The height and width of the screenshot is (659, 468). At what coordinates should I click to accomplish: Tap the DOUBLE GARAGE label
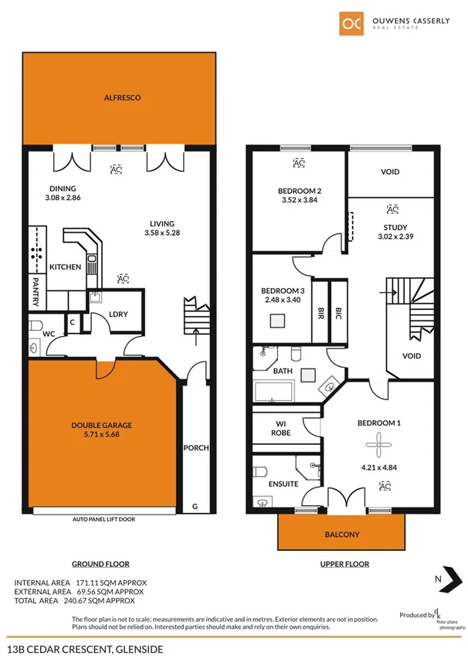point(102,425)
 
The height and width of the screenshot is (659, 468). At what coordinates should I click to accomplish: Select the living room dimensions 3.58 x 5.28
point(161,233)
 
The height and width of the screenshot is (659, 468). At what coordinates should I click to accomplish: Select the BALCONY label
point(342,534)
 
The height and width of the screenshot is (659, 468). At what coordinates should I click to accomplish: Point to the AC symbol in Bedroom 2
point(299,163)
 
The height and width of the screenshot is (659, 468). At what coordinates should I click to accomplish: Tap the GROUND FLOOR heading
point(100,564)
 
